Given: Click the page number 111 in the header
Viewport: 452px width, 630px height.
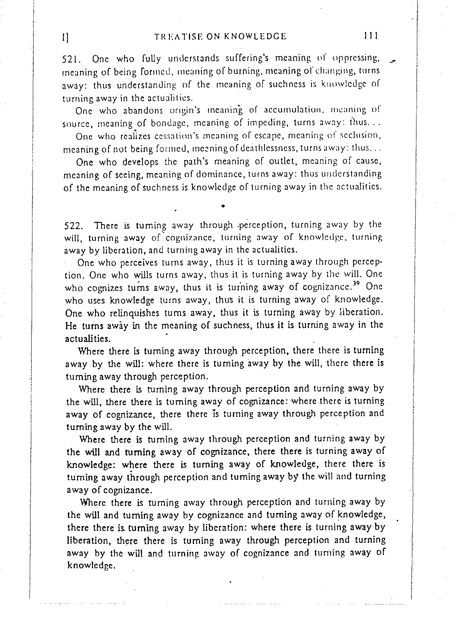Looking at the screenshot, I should point(370,36).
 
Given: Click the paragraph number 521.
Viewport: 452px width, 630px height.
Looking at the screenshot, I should point(70,59).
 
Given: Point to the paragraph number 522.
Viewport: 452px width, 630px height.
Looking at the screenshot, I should point(70,226).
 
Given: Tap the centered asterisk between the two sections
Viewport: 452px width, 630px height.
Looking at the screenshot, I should point(222,206).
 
